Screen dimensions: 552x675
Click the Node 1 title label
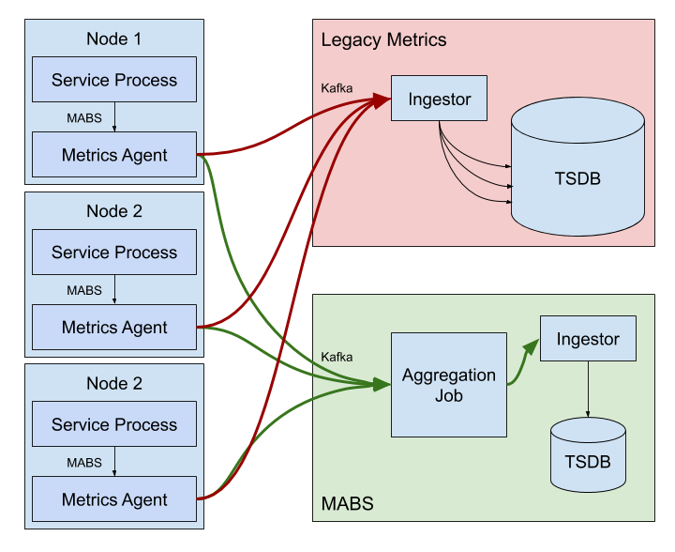tap(114, 38)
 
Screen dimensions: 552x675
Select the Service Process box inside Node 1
tap(114, 80)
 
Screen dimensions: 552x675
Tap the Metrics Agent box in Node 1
tap(114, 155)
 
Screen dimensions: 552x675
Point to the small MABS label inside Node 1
tap(84, 118)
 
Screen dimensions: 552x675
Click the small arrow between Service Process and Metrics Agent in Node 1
tap(114, 117)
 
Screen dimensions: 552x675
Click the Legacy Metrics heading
tap(383, 40)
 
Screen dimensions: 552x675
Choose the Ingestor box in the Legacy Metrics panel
tap(440, 99)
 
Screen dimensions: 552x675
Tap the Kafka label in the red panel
tap(337, 88)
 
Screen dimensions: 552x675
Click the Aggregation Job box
tap(449, 385)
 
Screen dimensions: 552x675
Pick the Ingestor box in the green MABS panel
tap(588, 339)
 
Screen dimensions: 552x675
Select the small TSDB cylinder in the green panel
tap(588, 457)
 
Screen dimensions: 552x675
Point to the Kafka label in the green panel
tap(337, 357)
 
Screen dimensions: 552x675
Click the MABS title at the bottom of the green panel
tap(347, 504)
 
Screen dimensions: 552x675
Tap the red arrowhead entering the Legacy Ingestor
tap(382, 98)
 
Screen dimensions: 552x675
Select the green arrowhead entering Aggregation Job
tap(382, 384)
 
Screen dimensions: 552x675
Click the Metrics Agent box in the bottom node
tap(114, 499)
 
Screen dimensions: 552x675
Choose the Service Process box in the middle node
tap(114, 253)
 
